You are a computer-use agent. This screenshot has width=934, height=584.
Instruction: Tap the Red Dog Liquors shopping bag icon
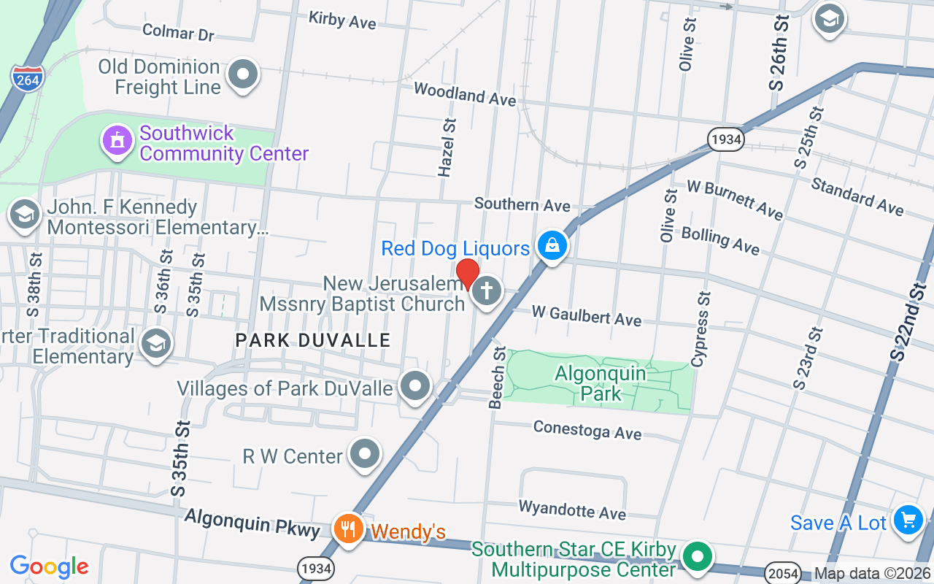[553, 246]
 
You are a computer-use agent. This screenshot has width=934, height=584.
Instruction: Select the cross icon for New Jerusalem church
[487, 292]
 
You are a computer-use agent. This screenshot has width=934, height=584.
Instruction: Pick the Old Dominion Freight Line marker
[242, 74]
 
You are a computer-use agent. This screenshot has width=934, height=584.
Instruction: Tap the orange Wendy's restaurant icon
[347, 529]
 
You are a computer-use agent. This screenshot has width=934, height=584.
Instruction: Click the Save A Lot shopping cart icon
[908, 521]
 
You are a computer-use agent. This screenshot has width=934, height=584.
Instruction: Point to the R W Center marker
[365, 455]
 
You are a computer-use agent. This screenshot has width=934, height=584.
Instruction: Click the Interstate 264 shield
[27, 77]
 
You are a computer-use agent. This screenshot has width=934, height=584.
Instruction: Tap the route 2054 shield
[783, 573]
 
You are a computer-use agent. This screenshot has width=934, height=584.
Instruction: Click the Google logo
[49, 566]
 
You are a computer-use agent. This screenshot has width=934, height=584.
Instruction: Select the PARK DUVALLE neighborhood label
[313, 340]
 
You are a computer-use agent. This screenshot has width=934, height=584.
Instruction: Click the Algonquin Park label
[601, 383]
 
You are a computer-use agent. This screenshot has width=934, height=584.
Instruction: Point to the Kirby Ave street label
[342, 20]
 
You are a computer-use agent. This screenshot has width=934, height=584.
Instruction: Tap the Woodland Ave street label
[465, 93]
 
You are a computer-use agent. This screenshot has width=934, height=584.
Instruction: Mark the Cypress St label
[701, 330]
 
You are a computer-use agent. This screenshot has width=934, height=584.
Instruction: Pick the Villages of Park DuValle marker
[416, 386]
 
